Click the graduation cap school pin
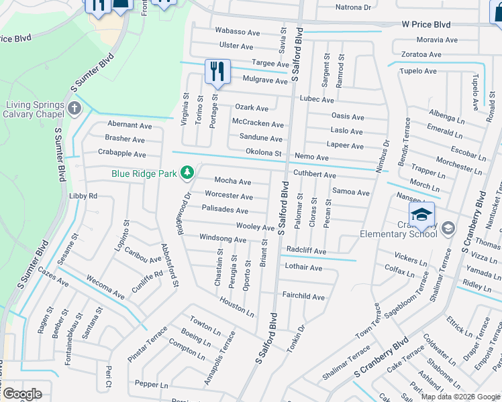(421, 215)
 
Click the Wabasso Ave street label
(237, 31)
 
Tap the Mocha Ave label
(232, 182)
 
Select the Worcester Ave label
(229, 196)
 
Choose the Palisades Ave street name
(225, 210)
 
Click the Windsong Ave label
(223, 239)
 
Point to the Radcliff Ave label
(306, 251)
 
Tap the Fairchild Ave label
(303, 297)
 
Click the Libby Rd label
(83, 196)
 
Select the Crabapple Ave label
(121, 154)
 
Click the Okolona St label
(263, 153)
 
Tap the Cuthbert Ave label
(315, 175)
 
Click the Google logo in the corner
(22, 394)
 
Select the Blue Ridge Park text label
(144, 174)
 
